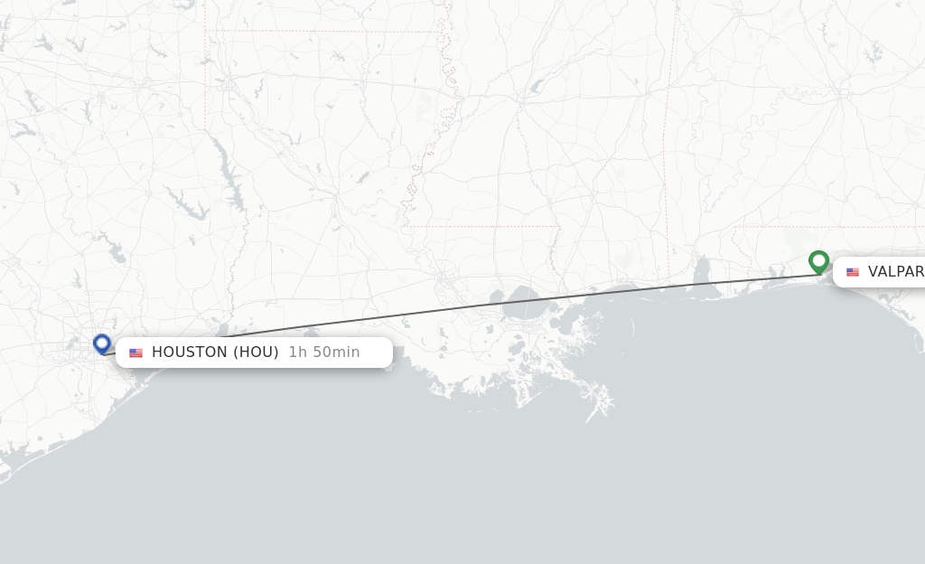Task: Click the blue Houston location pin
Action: [102, 343]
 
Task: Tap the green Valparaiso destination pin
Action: [818, 261]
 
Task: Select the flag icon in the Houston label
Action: [135, 352]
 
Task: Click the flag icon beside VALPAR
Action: [853, 272]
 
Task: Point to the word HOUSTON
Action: [190, 352]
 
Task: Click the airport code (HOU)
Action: [257, 352]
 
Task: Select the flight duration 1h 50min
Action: [324, 352]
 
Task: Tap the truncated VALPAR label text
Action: [895, 272]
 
